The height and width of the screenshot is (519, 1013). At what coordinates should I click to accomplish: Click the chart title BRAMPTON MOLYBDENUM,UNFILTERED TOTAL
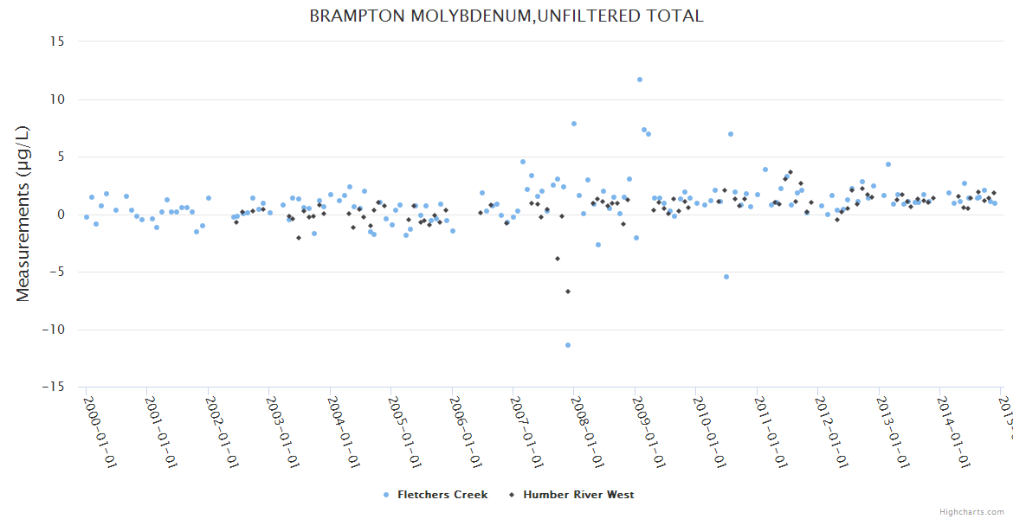(x=506, y=16)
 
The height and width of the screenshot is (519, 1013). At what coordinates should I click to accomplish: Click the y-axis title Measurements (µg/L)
(x=23, y=214)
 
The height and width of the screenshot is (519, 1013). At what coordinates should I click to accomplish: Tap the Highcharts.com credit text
(x=972, y=511)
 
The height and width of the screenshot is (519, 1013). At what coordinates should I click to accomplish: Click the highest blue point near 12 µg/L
(x=640, y=80)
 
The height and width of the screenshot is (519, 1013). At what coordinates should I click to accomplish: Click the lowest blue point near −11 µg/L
(x=568, y=345)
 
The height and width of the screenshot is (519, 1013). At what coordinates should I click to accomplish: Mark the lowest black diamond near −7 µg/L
(x=568, y=292)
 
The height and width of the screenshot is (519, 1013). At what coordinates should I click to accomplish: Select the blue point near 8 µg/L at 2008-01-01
(x=573, y=124)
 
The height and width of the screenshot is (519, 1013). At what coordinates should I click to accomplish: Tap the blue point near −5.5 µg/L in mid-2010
(x=726, y=277)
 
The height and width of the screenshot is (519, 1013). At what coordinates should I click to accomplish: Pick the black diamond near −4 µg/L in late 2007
(x=558, y=259)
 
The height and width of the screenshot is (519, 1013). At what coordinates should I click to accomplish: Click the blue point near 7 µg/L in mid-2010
(x=731, y=134)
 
